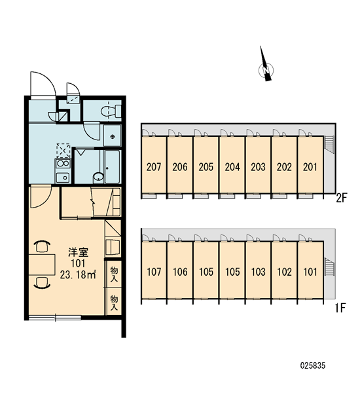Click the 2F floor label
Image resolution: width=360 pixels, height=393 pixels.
click(341, 198)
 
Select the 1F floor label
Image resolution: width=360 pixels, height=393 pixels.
click(340, 308)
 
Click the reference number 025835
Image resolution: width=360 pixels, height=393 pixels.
click(313, 365)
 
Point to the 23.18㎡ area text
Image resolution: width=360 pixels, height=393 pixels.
click(78, 275)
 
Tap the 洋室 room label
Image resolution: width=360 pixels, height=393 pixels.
click(79, 253)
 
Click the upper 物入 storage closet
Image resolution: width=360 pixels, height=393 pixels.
click(114, 274)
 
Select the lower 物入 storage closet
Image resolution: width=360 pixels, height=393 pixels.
click(114, 302)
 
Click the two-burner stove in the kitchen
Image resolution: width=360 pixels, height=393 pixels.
click(63, 164)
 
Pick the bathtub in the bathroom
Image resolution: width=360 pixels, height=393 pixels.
click(112, 166)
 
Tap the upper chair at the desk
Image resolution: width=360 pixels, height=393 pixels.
click(42, 246)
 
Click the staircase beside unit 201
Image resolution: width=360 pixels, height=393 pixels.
click(329, 144)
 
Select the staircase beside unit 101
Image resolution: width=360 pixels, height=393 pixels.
click(329, 266)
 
